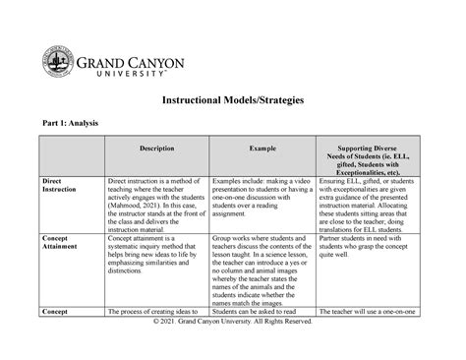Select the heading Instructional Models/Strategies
[232, 100]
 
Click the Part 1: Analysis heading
[73, 123]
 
